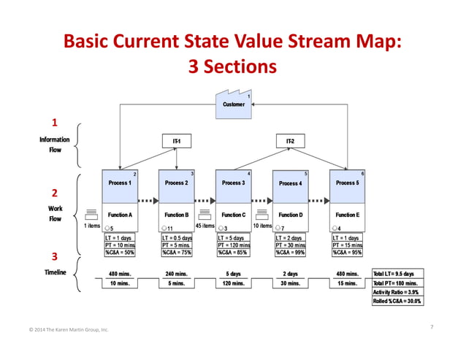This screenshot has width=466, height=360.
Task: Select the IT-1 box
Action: click(x=176, y=139)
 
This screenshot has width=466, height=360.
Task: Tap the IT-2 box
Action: click(x=290, y=139)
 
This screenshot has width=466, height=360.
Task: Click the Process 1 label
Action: click(x=119, y=183)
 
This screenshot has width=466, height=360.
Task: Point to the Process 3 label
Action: click(x=233, y=183)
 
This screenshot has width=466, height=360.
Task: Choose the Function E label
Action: click(x=347, y=215)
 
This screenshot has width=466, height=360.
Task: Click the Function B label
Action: click(x=176, y=215)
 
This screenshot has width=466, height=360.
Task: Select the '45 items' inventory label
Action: click(x=205, y=226)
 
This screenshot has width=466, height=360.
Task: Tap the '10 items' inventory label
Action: click(x=262, y=226)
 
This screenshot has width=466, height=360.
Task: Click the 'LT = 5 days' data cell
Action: click(x=233, y=238)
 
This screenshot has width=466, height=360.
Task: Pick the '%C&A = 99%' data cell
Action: click(x=290, y=253)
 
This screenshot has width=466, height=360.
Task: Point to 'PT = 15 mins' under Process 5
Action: click(x=347, y=245)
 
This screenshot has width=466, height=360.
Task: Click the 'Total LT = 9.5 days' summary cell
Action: click(x=398, y=274)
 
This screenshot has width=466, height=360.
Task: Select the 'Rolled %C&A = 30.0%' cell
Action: click(x=398, y=301)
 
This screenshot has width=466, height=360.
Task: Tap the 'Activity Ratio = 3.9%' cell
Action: click(x=398, y=291)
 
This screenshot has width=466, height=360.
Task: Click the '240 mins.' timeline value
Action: click(x=176, y=274)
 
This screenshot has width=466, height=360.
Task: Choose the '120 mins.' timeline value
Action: click(x=233, y=283)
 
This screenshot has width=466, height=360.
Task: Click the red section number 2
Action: click(x=53, y=194)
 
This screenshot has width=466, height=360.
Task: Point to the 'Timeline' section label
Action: click(x=54, y=272)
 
